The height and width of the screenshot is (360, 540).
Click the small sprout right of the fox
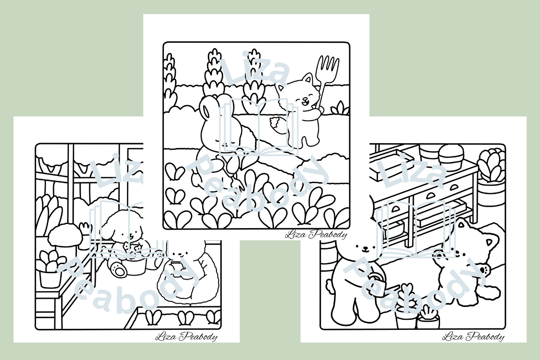[x=340, y=108]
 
